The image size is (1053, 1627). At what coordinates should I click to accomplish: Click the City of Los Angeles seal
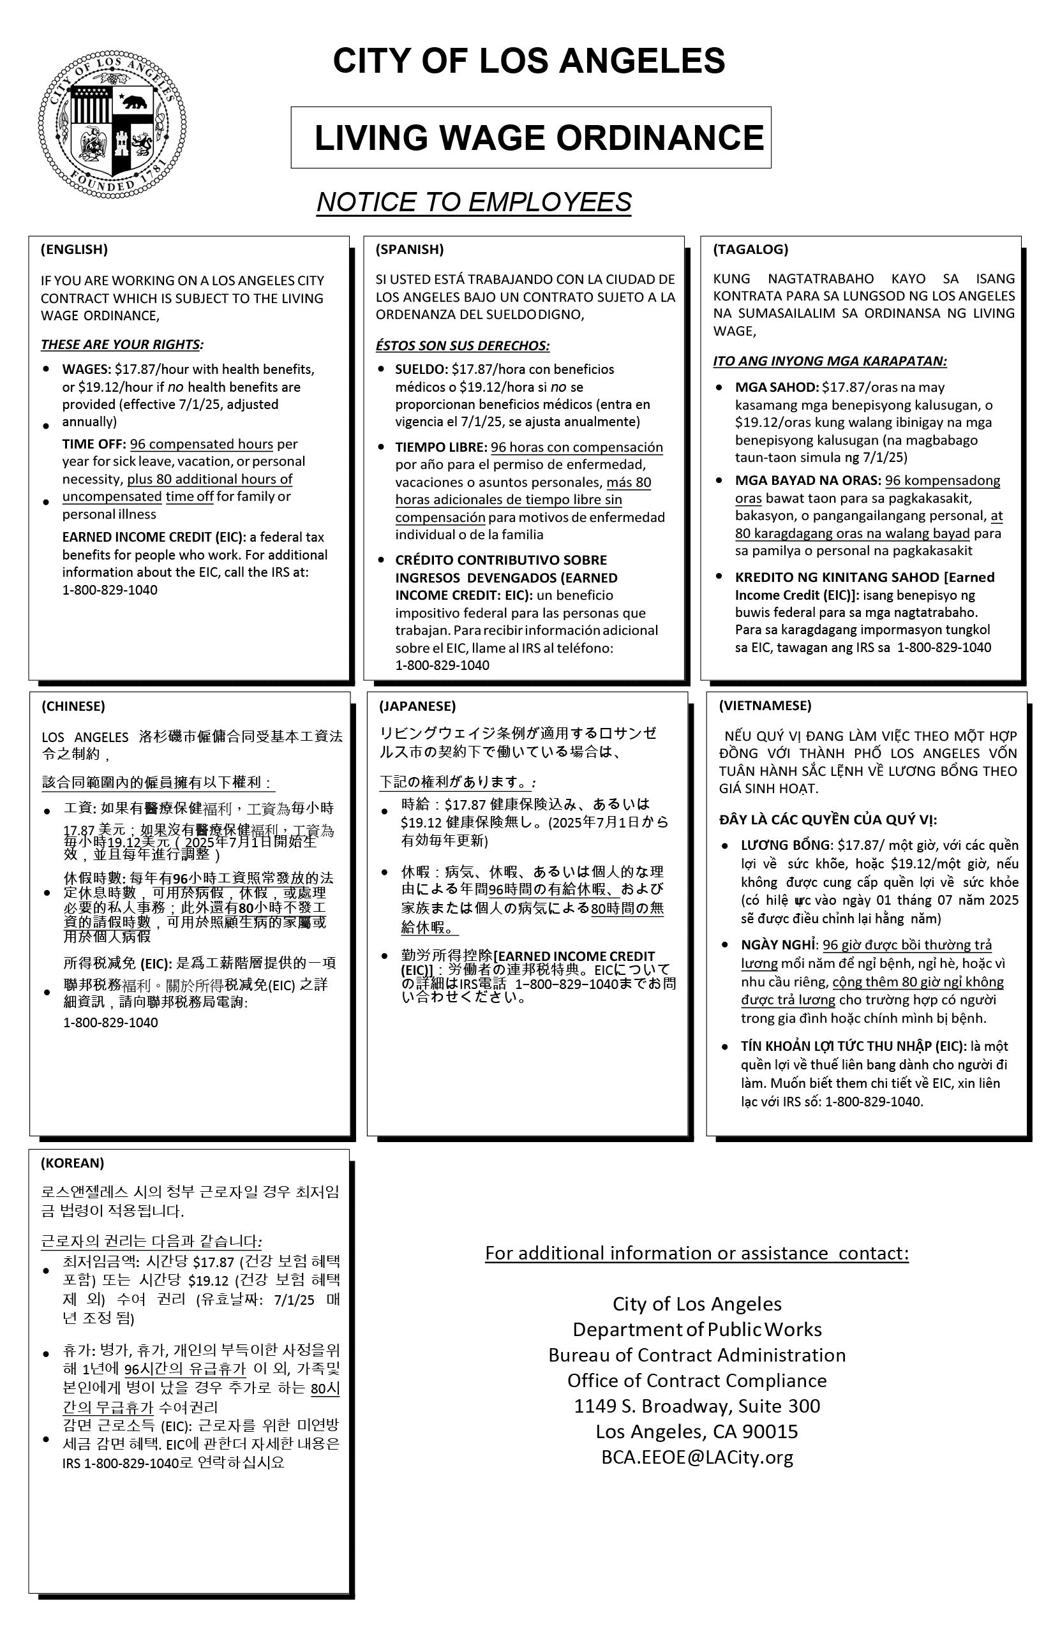[x=112, y=124]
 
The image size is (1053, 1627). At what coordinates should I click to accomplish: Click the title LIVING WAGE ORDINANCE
[x=539, y=138]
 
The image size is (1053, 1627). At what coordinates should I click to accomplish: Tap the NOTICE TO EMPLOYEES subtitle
[x=473, y=202]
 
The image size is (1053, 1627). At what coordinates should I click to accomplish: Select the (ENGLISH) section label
[x=74, y=249]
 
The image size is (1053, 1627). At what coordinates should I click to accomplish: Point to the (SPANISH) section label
[x=410, y=249]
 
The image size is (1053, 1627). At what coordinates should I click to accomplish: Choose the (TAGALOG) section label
[x=750, y=249]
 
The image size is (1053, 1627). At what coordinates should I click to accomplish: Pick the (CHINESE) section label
[x=73, y=706]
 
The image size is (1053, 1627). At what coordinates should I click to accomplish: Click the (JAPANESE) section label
[x=417, y=706]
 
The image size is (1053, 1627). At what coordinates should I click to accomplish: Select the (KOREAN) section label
[x=73, y=1163]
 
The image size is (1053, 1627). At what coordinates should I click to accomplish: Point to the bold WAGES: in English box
[x=86, y=370]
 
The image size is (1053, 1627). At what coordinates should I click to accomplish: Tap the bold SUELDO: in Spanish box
[x=420, y=370]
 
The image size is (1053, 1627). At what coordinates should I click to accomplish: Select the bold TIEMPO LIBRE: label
[x=441, y=448]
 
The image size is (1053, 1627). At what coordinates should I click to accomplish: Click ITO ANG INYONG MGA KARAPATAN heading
[x=830, y=361]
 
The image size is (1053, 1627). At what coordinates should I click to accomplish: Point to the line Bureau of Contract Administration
[x=697, y=1356]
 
